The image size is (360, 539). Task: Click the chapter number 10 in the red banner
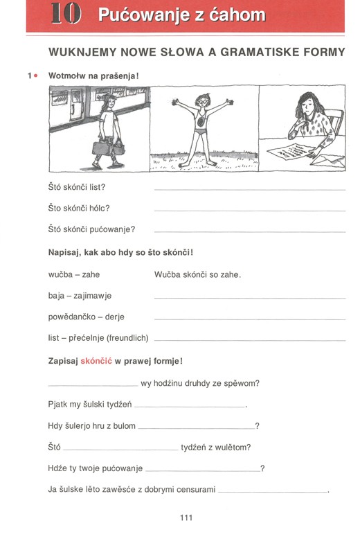66,15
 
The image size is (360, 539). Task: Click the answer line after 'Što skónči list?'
249,188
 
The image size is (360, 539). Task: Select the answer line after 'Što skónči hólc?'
249,210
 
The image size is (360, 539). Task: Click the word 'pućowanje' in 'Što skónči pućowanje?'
111,229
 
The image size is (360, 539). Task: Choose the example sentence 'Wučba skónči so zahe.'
197,274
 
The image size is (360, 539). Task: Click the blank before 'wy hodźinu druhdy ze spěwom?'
93,384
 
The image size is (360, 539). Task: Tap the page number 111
186,518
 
